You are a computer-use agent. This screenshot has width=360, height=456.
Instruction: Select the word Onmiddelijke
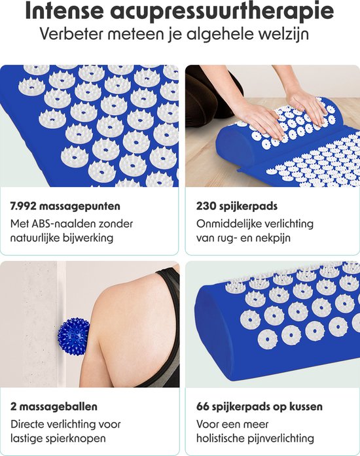(229, 224)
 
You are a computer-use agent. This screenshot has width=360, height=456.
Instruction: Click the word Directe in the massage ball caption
(29, 424)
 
